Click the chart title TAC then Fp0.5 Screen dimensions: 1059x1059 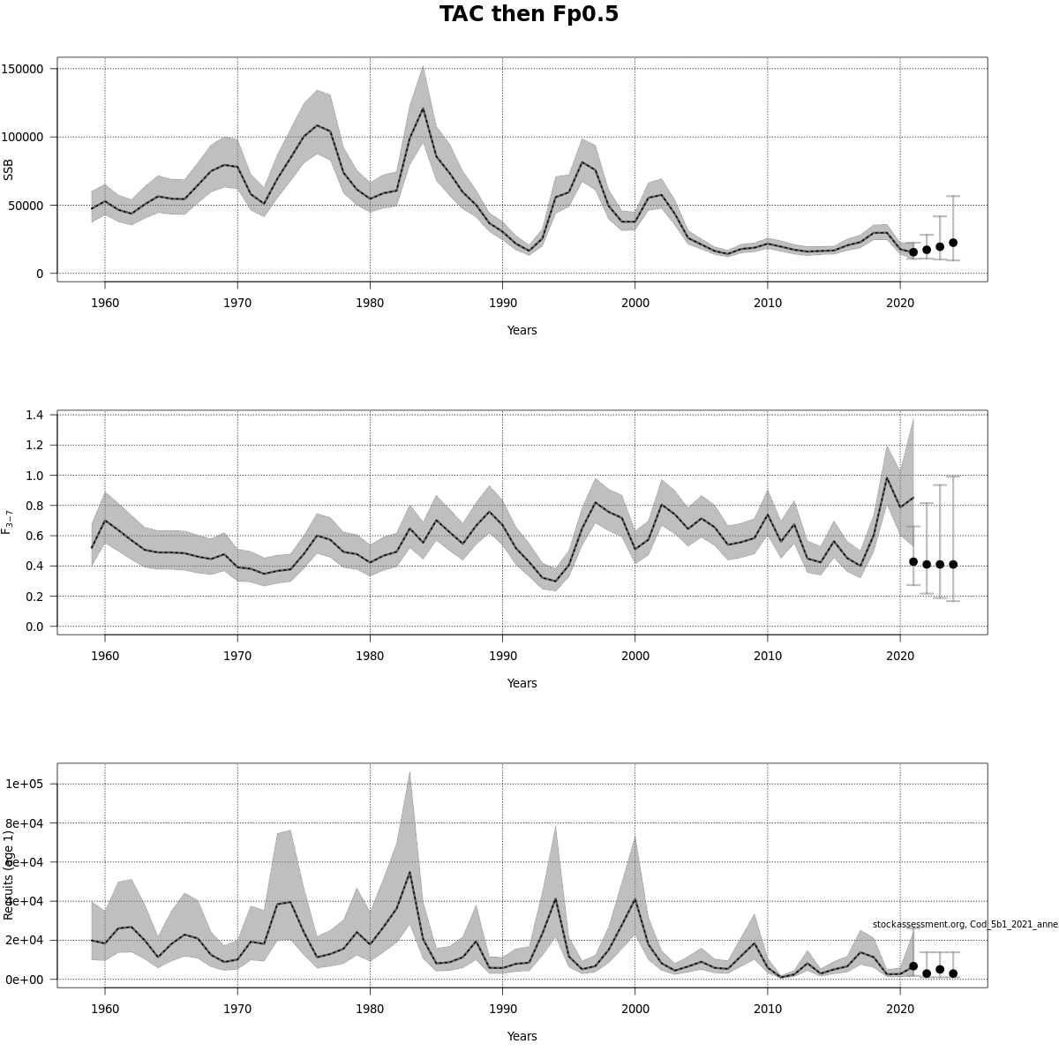click(529, 15)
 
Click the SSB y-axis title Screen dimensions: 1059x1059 click(10, 169)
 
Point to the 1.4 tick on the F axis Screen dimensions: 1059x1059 click(37, 415)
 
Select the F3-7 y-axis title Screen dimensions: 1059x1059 click(8, 522)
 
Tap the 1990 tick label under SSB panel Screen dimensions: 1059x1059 click(502, 303)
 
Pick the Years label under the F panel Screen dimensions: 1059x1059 click(522, 683)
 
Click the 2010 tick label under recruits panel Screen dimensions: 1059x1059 click(767, 1009)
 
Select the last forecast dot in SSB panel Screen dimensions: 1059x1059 click(953, 243)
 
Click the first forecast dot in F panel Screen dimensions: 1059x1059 click(913, 562)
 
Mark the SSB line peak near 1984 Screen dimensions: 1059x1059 click(423, 109)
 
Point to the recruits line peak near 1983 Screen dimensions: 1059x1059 click(409, 872)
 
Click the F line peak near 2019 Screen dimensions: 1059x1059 click(886, 477)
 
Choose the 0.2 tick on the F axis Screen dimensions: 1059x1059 click(37, 597)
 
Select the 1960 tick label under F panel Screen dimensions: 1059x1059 click(105, 656)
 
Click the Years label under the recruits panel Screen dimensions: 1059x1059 click(522, 1036)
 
